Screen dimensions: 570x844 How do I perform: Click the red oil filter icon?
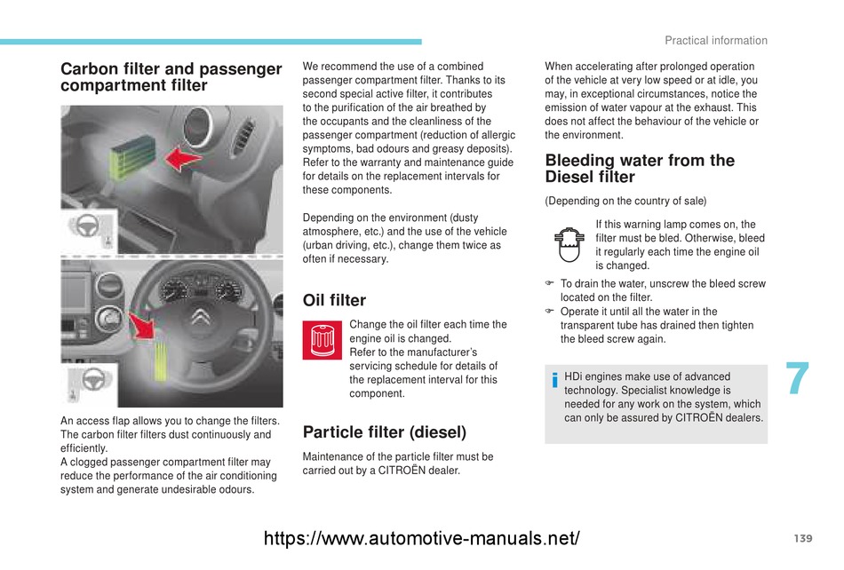(322, 341)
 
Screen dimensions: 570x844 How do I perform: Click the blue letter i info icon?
(554, 383)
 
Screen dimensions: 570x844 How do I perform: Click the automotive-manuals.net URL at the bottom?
(423, 538)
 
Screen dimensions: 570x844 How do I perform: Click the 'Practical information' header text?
(715, 41)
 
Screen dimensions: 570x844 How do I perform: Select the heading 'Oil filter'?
(334, 300)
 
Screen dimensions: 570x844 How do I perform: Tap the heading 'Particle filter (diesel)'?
(384, 432)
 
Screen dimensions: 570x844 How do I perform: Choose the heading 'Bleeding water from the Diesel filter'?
(640, 169)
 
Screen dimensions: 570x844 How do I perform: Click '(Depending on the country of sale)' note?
(625, 201)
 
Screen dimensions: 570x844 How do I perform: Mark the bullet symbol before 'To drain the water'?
(550, 284)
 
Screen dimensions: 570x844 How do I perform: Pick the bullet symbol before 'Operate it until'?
(550, 312)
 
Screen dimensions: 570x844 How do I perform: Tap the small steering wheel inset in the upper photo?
(88, 228)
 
